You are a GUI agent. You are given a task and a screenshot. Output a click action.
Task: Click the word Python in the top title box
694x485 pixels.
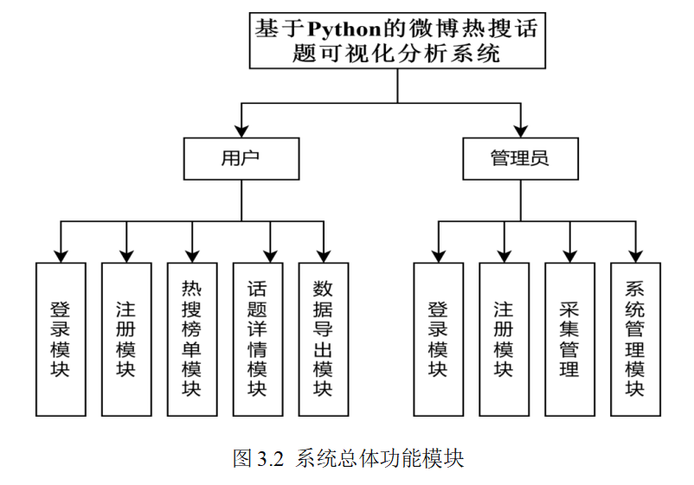tap(344, 29)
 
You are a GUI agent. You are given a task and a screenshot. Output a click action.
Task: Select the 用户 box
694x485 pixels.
tap(241, 159)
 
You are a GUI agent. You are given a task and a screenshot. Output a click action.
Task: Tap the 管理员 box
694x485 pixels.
tap(521, 159)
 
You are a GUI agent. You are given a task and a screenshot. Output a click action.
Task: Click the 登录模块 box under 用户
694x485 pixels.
tap(61, 339)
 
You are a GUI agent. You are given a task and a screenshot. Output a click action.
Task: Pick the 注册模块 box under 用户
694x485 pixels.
tap(126, 339)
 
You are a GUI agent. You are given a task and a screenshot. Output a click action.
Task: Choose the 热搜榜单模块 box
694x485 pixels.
tap(192, 339)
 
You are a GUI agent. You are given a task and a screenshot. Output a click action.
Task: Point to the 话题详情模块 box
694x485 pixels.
tap(258, 339)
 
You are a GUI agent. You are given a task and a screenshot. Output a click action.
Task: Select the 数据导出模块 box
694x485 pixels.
tap(324, 339)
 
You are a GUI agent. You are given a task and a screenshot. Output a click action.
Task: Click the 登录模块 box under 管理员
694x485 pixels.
tap(439, 339)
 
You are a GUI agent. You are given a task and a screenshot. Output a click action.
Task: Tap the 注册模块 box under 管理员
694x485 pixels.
tap(504, 339)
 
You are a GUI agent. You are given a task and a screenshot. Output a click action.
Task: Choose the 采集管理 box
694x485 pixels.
tap(569, 339)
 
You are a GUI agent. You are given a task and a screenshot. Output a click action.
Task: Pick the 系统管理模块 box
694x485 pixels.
tap(635, 339)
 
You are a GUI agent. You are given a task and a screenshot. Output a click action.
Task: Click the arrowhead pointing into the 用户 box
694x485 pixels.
tap(241, 131)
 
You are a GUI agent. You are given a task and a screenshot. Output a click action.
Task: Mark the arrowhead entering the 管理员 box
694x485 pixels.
tap(521, 131)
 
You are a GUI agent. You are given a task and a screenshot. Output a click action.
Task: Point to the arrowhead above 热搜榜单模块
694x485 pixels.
tap(192, 257)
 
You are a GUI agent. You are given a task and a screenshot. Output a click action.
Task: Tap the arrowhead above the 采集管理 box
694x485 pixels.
tap(569, 257)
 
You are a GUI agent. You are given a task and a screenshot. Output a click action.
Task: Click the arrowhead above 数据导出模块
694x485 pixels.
tap(324, 257)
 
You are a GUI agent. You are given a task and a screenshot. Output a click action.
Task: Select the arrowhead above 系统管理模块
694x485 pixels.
tap(635, 257)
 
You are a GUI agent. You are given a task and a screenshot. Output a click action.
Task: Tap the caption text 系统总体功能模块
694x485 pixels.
tap(380, 458)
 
